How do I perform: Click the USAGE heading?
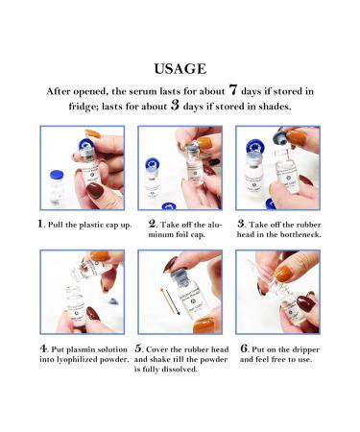pyautogui.click(x=180, y=69)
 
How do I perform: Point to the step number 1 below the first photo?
pyautogui.click(x=42, y=224)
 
